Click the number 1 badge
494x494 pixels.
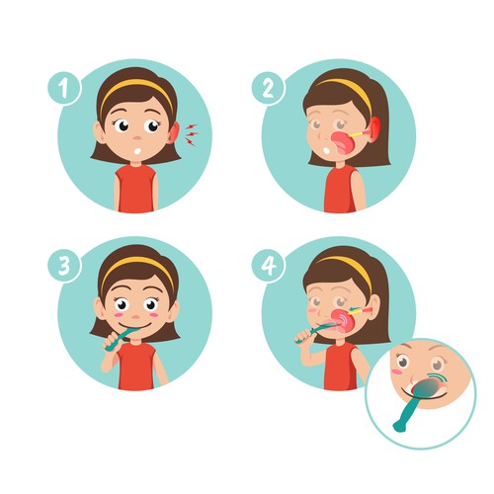point(64,88)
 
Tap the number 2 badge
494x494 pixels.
point(268,88)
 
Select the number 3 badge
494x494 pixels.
point(64,266)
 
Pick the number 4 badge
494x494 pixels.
point(268,266)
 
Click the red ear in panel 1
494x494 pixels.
point(175,133)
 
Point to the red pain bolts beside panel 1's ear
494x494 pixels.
point(192,134)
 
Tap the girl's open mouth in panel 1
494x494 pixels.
point(138,151)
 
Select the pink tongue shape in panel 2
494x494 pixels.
point(344,143)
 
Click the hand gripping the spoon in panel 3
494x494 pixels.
point(111,342)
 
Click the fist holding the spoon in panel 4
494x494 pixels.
point(303,336)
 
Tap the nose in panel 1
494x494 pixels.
point(137,137)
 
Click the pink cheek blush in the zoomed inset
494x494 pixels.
point(396,371)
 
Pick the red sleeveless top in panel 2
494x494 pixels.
point(341,190)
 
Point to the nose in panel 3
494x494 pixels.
point(136,317)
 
